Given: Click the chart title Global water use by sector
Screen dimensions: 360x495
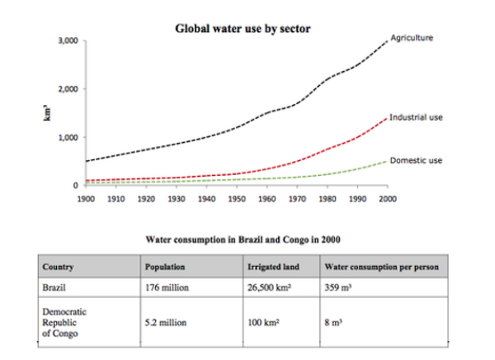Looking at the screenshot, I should [243, 28].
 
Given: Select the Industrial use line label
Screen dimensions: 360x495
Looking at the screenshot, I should [417, 117].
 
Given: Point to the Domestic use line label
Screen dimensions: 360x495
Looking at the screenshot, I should [416, 159].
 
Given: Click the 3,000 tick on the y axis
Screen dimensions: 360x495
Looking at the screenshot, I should [68, 40].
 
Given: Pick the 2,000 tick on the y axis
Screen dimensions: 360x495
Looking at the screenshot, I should [68, 89].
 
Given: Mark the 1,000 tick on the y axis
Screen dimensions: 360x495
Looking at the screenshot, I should [68, 137].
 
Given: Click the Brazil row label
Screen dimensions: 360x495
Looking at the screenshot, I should [55, 288].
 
